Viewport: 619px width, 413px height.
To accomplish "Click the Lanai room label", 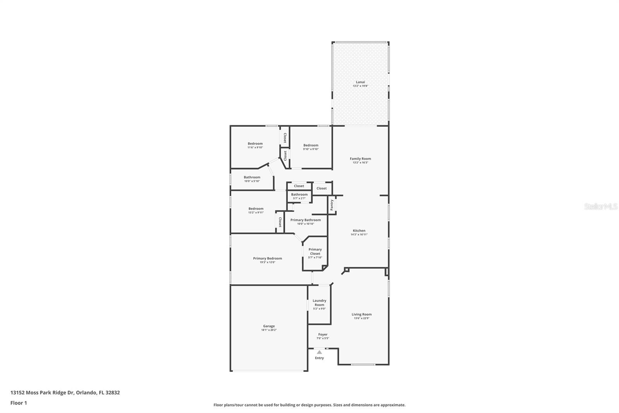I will tap(360, 82).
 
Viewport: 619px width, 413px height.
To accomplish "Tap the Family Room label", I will tap(360, 158).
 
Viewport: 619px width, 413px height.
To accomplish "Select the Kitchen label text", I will tap(359, 231).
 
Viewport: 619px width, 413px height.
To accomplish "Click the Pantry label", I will tap(332, 205).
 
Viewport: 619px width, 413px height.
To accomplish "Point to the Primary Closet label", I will tap(315, 251).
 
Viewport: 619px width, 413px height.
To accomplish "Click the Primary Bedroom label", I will tap(267, 258).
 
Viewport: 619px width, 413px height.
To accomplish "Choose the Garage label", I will tap(269, 326).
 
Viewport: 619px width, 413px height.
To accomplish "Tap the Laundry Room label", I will tap(319, 303).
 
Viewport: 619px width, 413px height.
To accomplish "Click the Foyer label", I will tap(323, 334).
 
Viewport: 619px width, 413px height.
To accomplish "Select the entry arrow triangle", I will tap(319, 352).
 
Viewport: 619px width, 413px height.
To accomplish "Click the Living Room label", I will tap(361, 315).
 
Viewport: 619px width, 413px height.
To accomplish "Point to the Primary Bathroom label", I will tap(305, 220).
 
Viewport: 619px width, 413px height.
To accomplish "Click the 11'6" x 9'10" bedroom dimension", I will tap(255, 148).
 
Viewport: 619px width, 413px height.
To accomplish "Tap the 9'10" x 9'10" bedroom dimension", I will tap(311, 149).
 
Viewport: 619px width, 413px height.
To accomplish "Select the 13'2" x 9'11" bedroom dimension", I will tap(256, 213).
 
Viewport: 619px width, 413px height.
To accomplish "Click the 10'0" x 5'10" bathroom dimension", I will tap(252, 181).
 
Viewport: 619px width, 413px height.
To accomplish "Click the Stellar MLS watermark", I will tap(601, 207).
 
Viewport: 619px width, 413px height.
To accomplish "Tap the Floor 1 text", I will tap(19, 403).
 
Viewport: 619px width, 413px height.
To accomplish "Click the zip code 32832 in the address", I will tap(113, 392).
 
